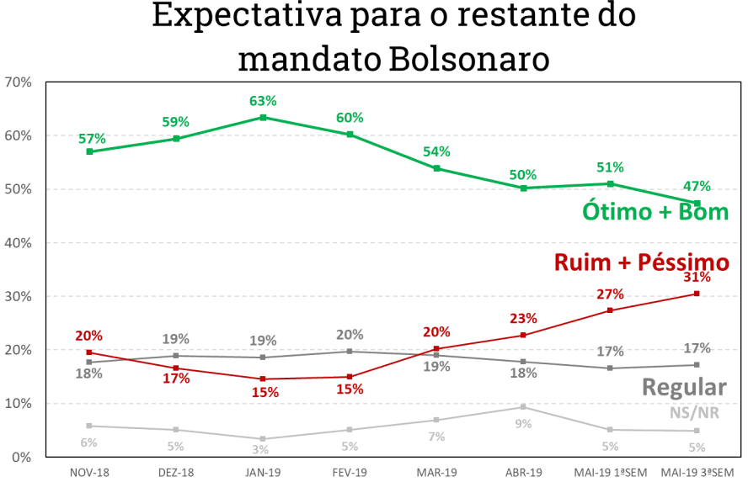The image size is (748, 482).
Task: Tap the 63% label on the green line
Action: [263, 101]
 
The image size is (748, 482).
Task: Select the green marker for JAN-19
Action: [263, 118]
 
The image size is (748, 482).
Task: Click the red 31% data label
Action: [697, 277]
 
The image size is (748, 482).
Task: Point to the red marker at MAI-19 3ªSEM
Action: [697, 293]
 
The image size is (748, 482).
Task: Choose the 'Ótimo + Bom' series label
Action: [654, 211]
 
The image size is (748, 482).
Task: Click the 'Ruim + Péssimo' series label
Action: [641, 262]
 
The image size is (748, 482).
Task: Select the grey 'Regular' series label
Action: [683, 387]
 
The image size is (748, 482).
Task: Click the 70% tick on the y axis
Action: [18, 82]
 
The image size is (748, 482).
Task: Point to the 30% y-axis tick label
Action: [18, 297]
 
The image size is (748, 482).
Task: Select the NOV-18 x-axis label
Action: [88, 473]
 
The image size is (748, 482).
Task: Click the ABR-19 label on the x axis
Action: [524, 473]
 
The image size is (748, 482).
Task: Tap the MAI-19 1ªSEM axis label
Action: [611, 473]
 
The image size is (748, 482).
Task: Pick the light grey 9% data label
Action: [524, 424]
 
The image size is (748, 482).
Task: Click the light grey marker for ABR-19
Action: [524, 407]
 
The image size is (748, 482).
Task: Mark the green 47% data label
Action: [697, 186]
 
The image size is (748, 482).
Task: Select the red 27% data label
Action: [611, 294]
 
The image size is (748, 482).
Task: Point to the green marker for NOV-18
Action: [88, 151]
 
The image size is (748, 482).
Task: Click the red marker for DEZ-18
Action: [175, 368]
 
